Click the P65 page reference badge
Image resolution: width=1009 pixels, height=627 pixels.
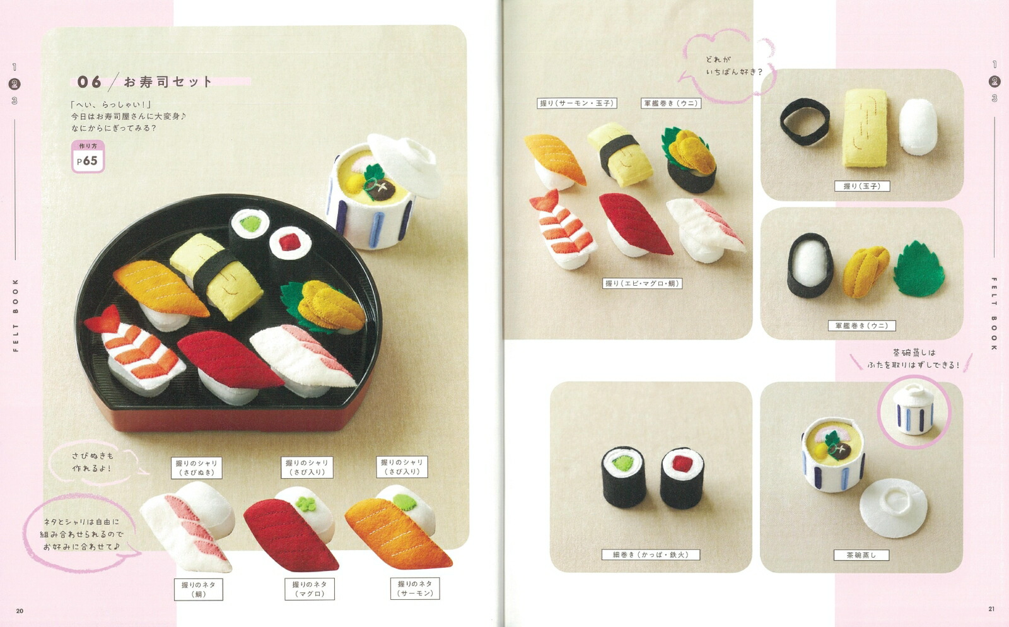coord(88,156)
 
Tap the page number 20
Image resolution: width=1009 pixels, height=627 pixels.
coord(20,611)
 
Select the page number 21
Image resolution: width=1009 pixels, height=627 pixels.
coord(991,609)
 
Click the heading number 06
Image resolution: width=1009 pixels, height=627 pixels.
coord(89,82)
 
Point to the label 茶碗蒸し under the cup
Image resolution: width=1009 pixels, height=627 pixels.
coord(861,555)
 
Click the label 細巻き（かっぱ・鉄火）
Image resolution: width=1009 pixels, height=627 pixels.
coord(650,555)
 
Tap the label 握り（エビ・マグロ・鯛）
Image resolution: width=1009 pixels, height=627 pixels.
coord(642,283)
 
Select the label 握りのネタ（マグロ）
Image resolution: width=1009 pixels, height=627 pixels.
coord(310,589)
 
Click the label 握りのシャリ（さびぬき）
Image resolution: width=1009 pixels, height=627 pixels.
coord(196,468)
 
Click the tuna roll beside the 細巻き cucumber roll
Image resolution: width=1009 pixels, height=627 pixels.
coord(682,476)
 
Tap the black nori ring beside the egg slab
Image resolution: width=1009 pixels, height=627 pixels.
coord(805,122)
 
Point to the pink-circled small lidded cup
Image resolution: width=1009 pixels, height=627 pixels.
coord(914,410)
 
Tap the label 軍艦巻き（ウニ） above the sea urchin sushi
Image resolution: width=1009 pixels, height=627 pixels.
coord(671,103)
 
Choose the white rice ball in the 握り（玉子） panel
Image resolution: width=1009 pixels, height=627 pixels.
coord(918,126)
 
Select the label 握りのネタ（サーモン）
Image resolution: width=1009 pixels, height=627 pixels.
coord(415,589)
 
